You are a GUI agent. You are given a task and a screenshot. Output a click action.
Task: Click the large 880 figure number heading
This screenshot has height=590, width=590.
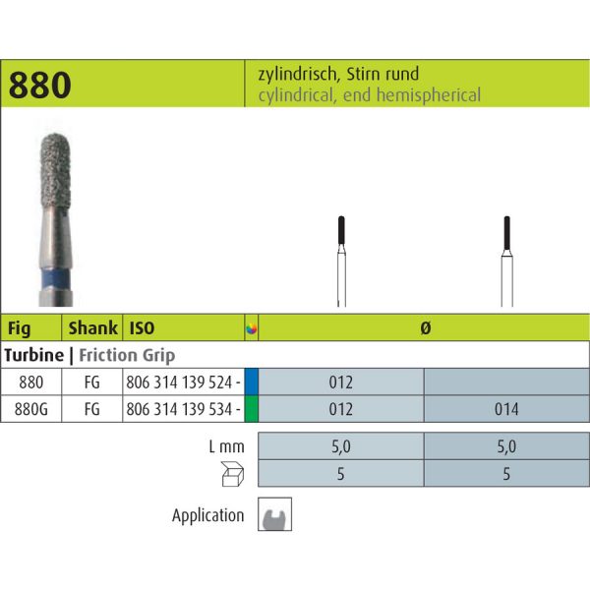click(40, 85)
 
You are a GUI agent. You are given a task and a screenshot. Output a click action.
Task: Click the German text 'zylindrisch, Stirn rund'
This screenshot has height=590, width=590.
click(338, 74)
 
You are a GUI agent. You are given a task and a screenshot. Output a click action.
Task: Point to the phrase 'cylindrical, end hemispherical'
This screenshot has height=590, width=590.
click(370, 94)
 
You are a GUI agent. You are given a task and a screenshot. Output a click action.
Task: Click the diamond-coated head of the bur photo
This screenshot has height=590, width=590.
click(55, 170)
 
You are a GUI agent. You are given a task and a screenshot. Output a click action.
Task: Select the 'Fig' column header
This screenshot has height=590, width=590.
click(19, 328)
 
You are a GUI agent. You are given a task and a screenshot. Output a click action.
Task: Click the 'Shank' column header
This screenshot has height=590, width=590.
click(92, 327)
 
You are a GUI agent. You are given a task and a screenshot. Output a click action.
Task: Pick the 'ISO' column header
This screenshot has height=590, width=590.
click(142, 328)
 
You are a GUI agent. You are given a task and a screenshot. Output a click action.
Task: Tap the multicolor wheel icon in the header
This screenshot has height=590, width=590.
click(252, 328)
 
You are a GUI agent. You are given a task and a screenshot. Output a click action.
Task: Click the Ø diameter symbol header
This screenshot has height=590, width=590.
click(425, 328)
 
